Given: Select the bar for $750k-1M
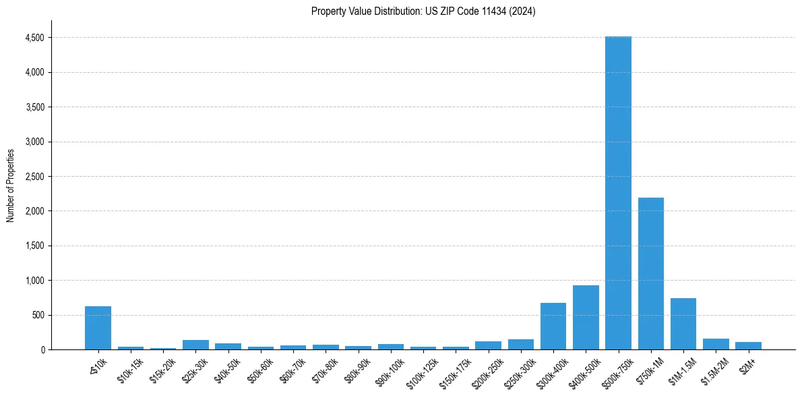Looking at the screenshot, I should pyautogui.click(x=650, y=273).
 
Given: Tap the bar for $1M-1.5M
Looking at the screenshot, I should pyautogui.click(x=683, y=324).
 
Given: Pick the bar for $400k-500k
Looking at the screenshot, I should pyautogui.click(x=586, y=317).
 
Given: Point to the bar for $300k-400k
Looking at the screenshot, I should pyautogui.click(x=553, y=326).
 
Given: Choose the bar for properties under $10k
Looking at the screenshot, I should pyautogui.click(x=98, y=328).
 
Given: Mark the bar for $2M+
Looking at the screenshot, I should pyautogui.click(x=748, y=345).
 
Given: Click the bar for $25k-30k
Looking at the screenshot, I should pyautogui.click(x=195, y=345).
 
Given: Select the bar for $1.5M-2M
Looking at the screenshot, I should pyautogui.click(x=716, y=344).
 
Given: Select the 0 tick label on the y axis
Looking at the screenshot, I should pyautogui.click(x=42, y=350).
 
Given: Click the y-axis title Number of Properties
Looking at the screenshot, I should pyautogui.click(x=10, y=186).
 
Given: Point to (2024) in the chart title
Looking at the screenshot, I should pyautogui.click(x=523, y=11).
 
